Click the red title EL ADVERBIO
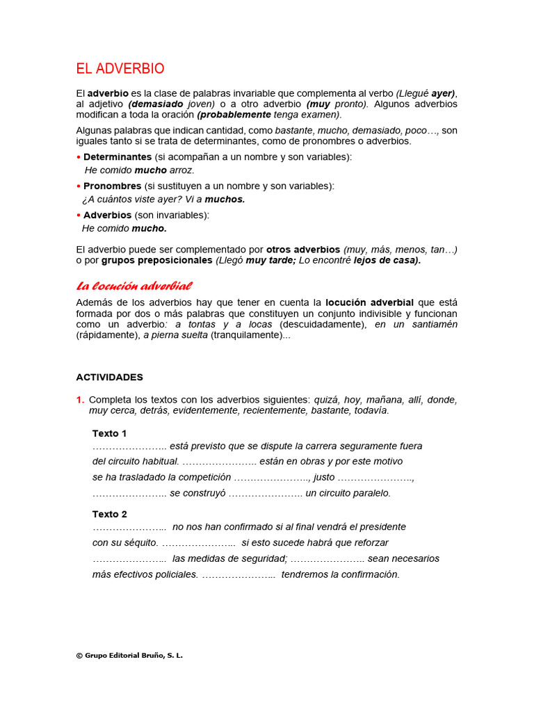[120, 69]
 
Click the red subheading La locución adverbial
[133, 286]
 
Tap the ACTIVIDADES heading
[109, 377]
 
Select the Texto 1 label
[110, 433]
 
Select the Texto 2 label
[110, 514]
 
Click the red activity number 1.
[80, 400]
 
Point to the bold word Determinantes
[118, 157]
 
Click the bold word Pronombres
[113, 186]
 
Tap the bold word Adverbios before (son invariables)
[107, 216]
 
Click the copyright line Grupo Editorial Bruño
[129, 655]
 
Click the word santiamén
[431, 325]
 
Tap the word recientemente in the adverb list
[285, 410]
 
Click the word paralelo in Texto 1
[369, 493]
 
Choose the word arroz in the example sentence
[182, 170]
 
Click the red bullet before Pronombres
[79, 186]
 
